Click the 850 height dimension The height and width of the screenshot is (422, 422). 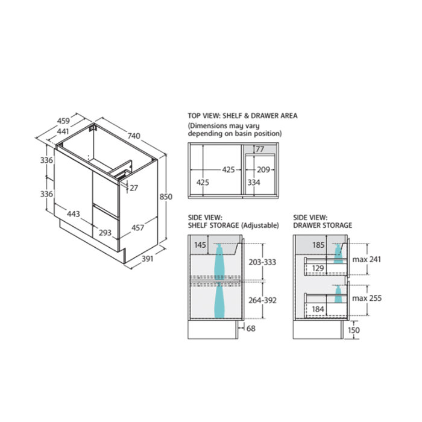coord(166,197)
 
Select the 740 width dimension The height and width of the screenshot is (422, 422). coord(134,136)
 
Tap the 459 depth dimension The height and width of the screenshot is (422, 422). coord(63,121)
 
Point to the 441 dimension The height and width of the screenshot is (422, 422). coord(63,131)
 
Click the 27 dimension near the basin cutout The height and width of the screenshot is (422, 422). coord(134,188)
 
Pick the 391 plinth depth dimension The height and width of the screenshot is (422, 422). coord(148,259)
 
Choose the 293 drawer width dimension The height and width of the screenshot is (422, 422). coord(105,233)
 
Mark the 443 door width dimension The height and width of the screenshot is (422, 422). coord(74,214)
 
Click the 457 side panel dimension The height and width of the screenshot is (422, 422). coord(138,228)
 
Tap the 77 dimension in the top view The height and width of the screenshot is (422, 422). coord(260,149)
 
